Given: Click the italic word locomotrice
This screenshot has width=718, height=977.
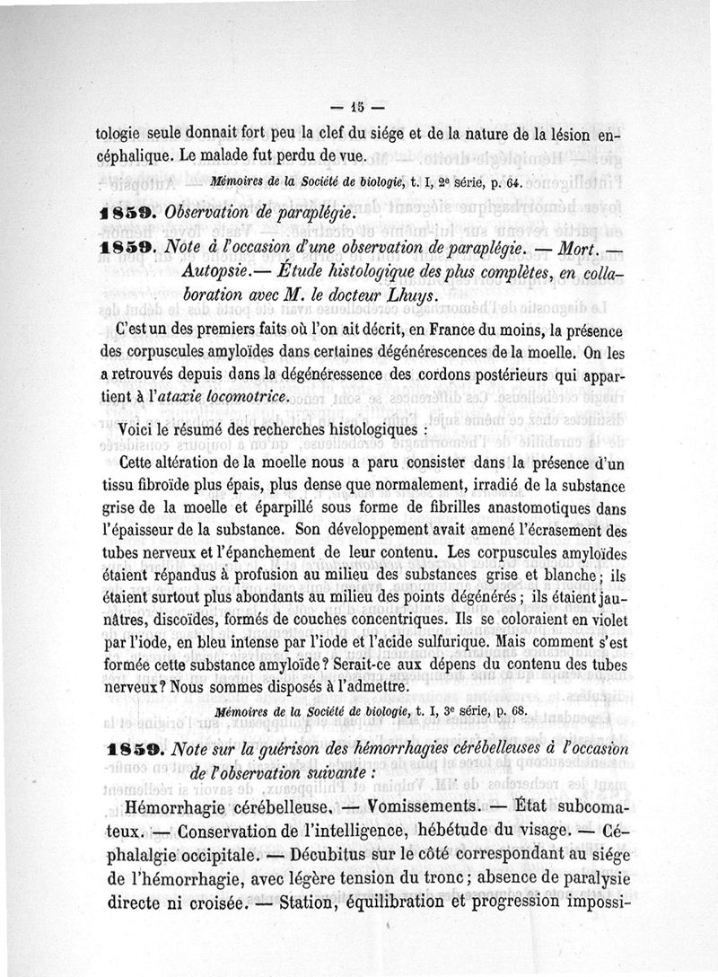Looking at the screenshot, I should point(247,397).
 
